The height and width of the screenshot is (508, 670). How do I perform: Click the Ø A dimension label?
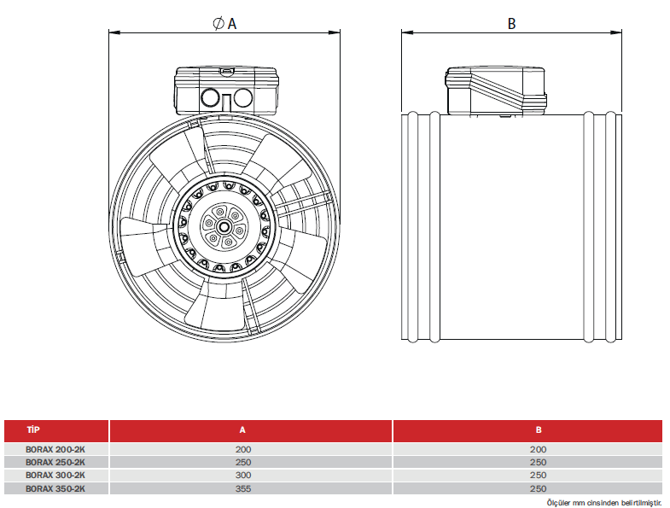click(x=224, y=23)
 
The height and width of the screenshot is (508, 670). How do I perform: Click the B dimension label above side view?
click(x=512, y=23)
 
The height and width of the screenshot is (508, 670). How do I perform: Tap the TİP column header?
click(x=34, y=430)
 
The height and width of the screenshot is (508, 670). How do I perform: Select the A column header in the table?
click(x=243, y=430)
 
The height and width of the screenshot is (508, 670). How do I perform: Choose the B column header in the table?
click(x=539, y=430)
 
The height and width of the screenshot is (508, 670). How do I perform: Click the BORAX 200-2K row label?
click(x=55, y=448)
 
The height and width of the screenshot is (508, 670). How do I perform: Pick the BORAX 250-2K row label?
click(x=55, y=462)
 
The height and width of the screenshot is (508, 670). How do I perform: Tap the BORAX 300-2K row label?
click(x=55, y=475)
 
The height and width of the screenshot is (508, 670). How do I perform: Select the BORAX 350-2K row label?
click(x=55, y=488)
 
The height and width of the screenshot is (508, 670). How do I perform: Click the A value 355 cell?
click(x=244, y=488)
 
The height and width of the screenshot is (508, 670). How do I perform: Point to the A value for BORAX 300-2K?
click(x=244, y=475)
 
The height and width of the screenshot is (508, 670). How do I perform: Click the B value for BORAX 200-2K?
click(x=539, y=448)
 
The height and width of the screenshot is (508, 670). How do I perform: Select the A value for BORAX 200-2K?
click(x=244, y=448)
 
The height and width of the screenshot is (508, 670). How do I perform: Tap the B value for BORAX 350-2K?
click(x=539, y=488)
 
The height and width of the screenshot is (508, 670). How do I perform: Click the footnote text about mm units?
click(x=604, y=503)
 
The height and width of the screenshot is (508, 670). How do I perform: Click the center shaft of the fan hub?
click(x=224, y=227)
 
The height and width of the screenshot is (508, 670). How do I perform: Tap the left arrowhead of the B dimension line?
click(x=406, y=33)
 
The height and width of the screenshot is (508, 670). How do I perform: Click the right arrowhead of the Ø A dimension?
click(x=337, y=33)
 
